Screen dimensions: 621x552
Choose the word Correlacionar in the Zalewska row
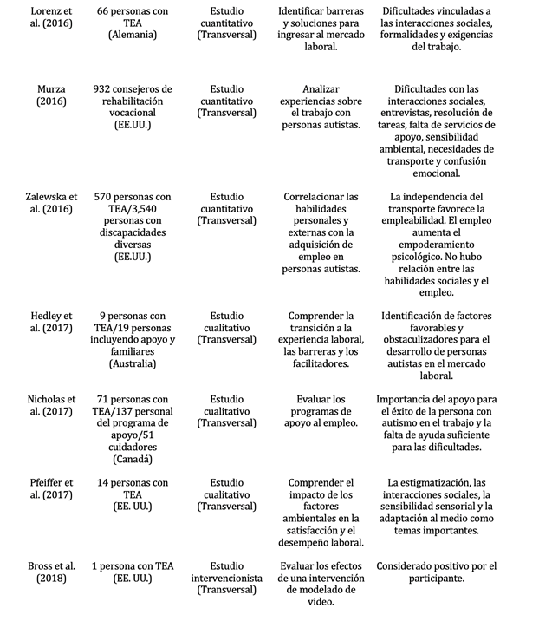tap(316, 197)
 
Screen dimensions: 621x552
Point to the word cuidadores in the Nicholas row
tap(133, 447)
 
